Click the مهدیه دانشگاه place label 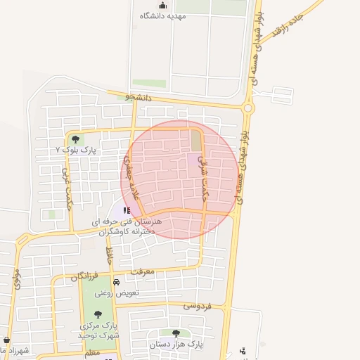(x=162, y=17)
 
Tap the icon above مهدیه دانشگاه (x=162, y=6)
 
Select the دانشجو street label (x=139, y=97)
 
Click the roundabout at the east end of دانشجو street (x=247, y=108)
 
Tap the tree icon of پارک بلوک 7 (x=75, y=139)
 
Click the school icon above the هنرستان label (x=127, y=210)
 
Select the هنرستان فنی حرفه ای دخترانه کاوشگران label (x=127, y=226)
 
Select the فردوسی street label (x=199, y=306)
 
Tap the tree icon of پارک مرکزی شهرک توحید (x=96, y=314)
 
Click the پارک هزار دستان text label (x=176, y=345)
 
